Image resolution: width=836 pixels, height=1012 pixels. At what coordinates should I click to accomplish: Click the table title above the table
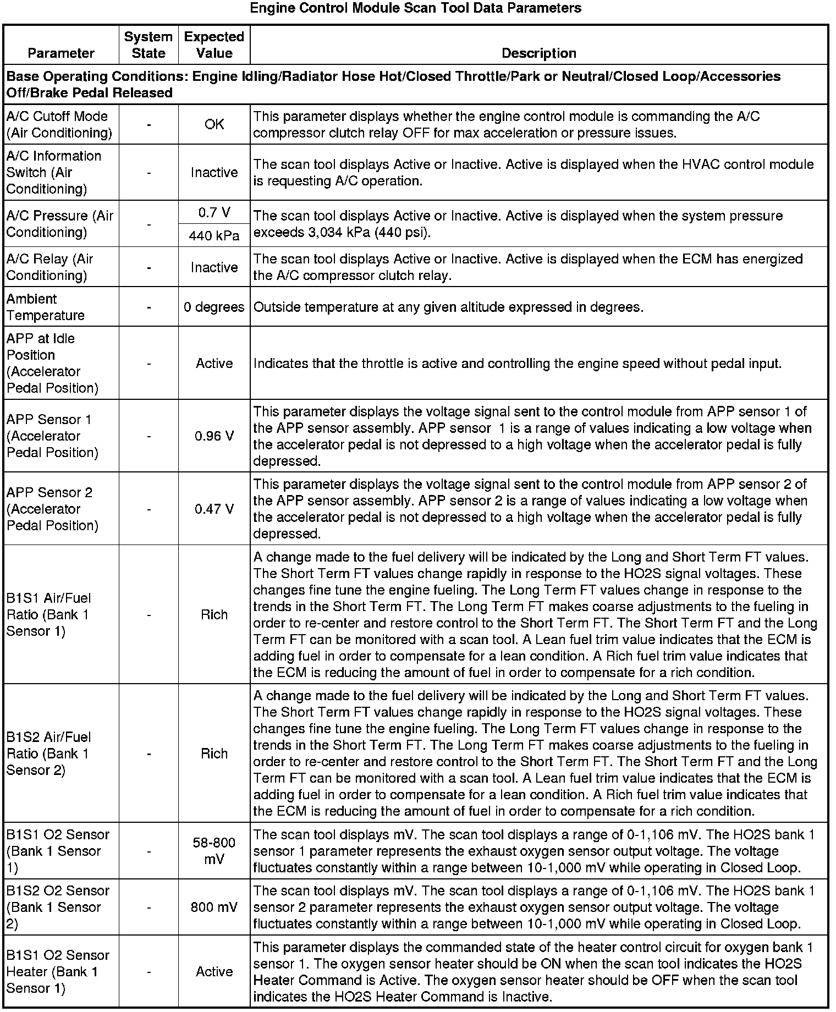click(415, 8)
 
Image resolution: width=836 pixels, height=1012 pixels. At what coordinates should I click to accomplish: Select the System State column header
click(148, 45)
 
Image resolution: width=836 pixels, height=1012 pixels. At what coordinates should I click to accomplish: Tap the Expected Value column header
click(214, 45)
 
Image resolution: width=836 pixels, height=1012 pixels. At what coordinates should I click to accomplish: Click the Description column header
click(539, 53)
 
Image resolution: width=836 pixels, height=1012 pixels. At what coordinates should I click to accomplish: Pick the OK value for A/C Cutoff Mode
click(214, 124)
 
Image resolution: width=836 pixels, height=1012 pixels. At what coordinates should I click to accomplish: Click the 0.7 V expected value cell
click(214, 212)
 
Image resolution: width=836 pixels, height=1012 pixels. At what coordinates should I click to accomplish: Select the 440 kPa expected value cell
click(214, 236)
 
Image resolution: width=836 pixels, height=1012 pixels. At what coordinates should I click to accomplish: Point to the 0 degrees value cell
click(214, 307)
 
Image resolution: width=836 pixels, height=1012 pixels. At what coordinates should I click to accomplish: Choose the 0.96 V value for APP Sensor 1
click(214, 436)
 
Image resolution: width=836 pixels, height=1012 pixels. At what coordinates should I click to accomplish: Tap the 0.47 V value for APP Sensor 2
click(214, 509)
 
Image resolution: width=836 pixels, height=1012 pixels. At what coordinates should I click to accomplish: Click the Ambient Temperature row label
click(46, 307)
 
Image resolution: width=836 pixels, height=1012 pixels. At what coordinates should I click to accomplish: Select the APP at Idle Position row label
click(52, 363)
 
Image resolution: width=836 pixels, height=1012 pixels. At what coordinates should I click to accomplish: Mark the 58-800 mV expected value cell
click(214, 851)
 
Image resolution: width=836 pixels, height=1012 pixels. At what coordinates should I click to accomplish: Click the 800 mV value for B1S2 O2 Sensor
click(214, 907)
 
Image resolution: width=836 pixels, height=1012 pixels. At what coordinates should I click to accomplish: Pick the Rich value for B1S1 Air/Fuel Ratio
click(214, 614)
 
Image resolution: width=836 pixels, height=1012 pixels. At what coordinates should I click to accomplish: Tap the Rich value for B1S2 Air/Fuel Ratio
click(214, 754)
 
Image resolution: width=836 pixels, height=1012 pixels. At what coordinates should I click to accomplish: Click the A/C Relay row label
click(50, 267)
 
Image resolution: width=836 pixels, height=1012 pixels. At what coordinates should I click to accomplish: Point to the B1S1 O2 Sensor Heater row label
click(58, 971)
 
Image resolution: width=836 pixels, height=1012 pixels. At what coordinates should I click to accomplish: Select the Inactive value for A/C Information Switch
click(214, 173)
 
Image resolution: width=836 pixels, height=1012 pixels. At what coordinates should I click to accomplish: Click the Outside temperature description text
click(448, 307)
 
